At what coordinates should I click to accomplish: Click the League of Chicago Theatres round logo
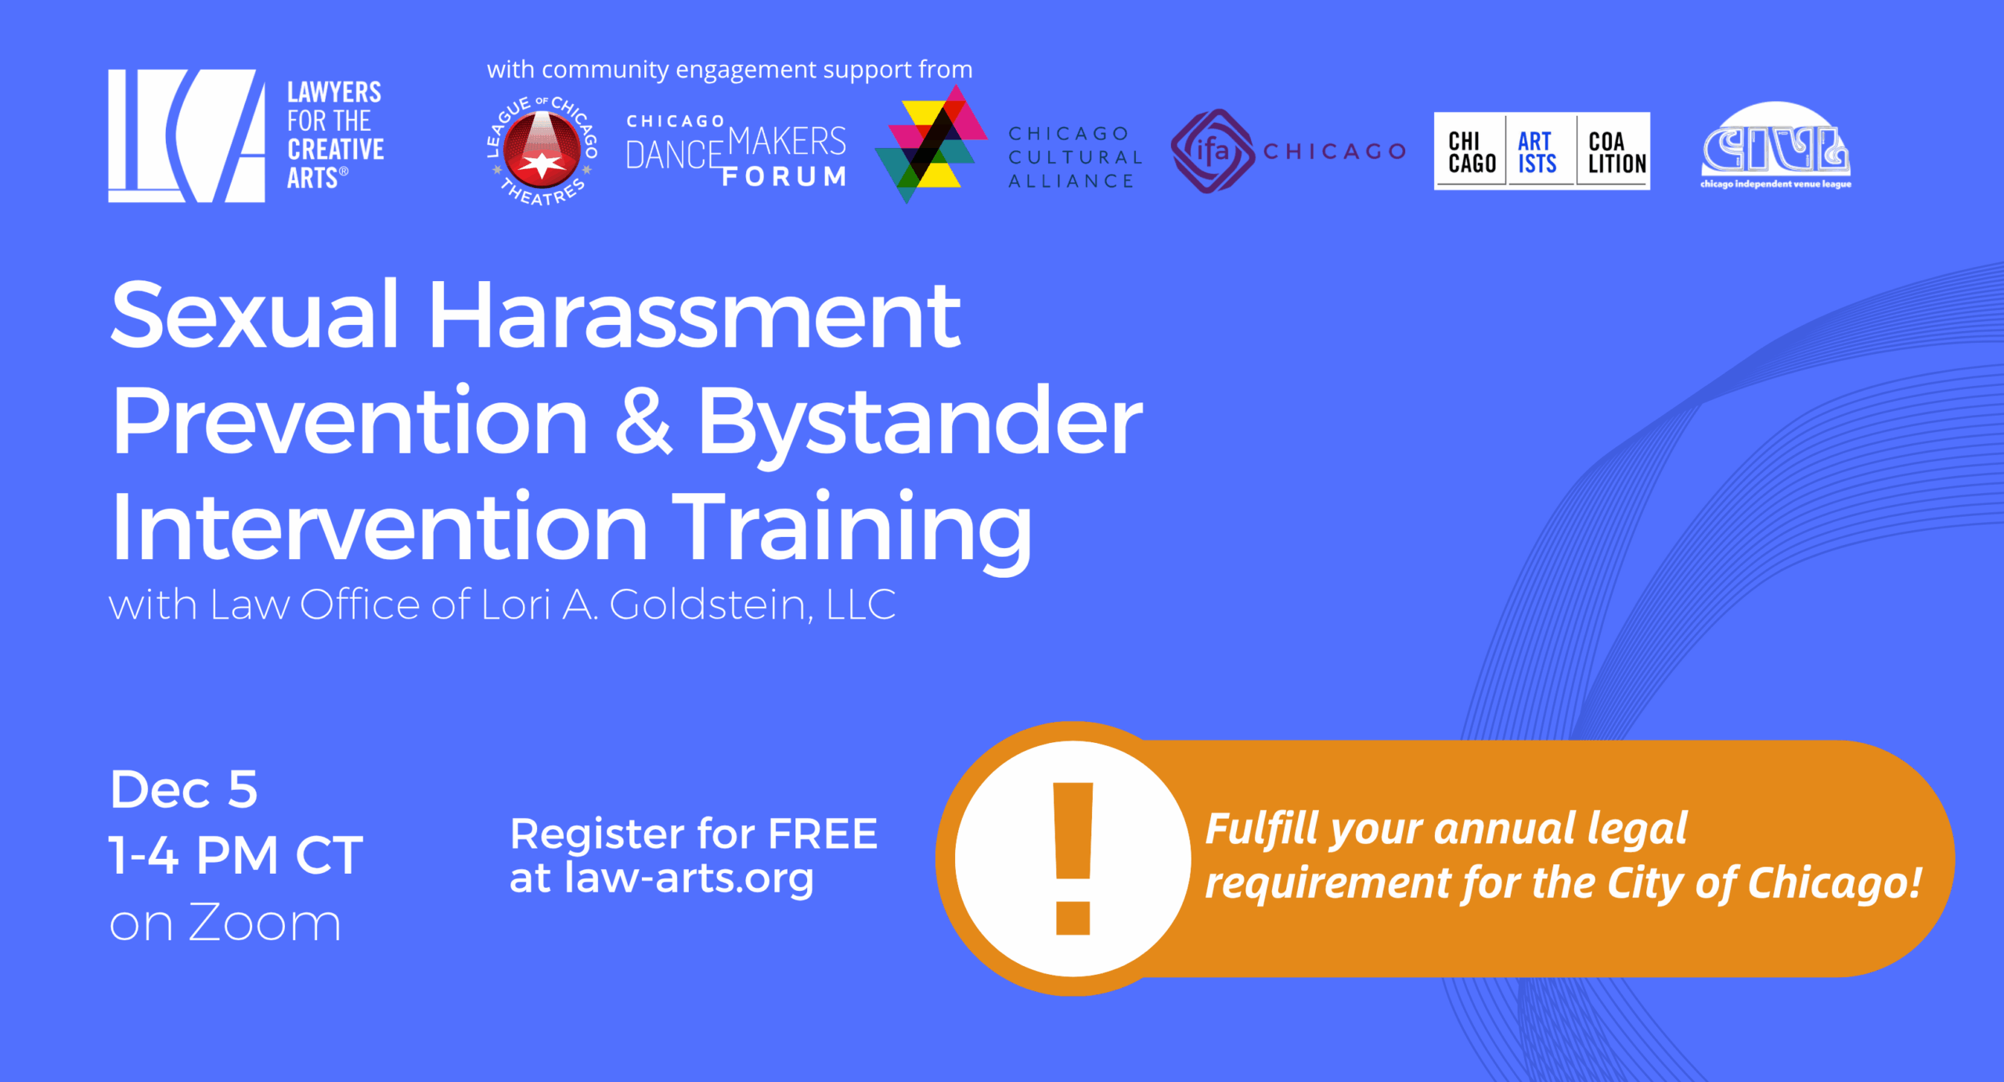click(x=542, y=150)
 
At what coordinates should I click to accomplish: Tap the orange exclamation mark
click(x=1072, y=858)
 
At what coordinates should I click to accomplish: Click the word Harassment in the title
click(x=694, y=316)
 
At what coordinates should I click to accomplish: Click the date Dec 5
click(x=184, y=788)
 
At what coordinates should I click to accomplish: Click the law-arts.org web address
click(x=689, y=877)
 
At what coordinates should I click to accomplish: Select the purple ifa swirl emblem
click(x=1212, y=151)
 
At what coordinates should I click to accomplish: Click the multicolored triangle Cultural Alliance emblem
click(x=930, y=144)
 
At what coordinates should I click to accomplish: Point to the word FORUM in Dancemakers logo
click(x=784, y=177)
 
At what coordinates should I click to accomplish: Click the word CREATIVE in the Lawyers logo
click(x=336, y=150)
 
